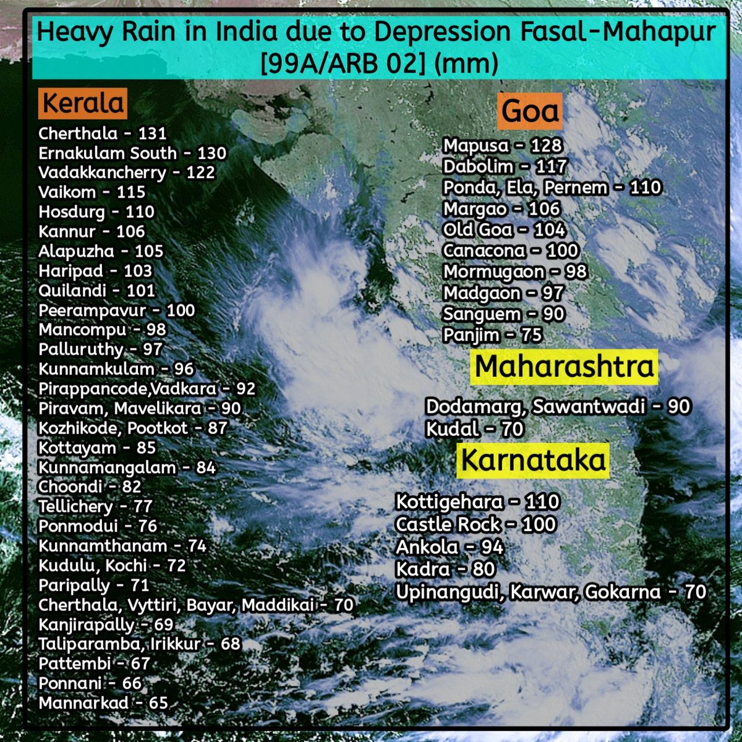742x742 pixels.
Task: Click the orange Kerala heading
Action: pyautogui.click(x=83, y=103)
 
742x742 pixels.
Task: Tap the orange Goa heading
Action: pyautogui.click(x=531, y=111)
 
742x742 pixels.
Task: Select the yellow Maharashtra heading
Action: pyautogui.click(x=564, y=367)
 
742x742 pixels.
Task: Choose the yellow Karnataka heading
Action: pyautogui.click(x=533, y=461)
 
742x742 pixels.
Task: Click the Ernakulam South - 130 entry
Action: pyautogui.click(x=132, y=153)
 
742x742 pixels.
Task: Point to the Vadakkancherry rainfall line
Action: pyautogui.click(x=127, y=173)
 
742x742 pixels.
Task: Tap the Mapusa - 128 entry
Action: pyautogui.click(x=502, y=146)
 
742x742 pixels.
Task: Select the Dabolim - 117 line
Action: pyautogui.click(x=505, y=167)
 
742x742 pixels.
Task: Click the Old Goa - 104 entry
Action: pyautogui.click(x=504, y=230)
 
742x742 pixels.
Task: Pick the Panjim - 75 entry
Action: pyautogui.click(x=492, y=335)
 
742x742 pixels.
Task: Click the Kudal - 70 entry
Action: pyautogui.click(x=474, y=429)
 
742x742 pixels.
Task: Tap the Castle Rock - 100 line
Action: pyautogui.click(x=475, y=524)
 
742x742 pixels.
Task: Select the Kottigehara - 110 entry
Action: pyautogui.click(x=477, y=501)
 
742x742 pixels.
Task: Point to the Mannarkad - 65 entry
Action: pyautogui.click(x=103, y=703)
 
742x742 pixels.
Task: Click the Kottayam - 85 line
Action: pyautogui.click(x=97, y=448)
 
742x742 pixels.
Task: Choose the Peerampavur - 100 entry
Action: pyautogui.click(x=116, y=310)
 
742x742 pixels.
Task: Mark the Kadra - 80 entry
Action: pyautogui.click(x=445, y=569)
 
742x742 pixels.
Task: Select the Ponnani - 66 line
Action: pyautogui.click(x=90, y=683)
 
